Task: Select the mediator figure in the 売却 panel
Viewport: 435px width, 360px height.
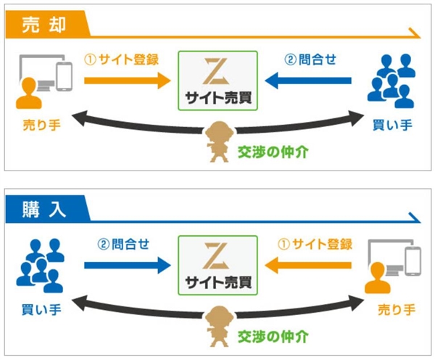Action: tap(217, 142)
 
